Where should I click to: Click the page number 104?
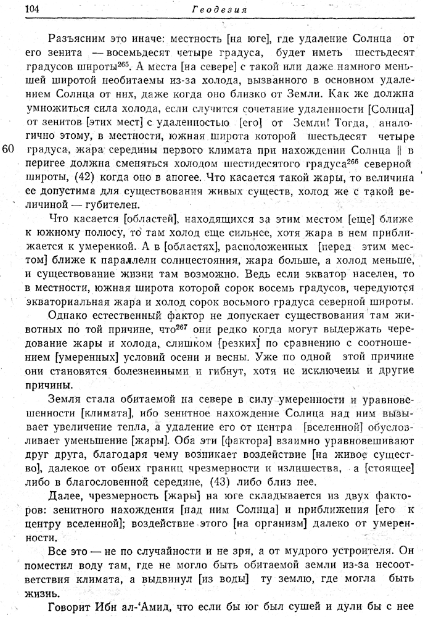point(31,9)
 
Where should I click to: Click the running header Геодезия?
point(220,9)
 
